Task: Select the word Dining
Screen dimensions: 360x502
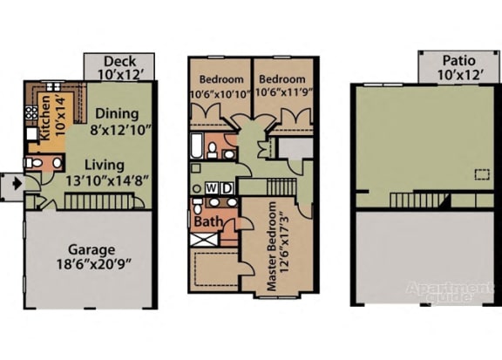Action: click(x=115, y=114)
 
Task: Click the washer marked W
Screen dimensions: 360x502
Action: click(x=212, y=188)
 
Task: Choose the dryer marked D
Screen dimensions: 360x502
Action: click(x=226, y=188)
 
